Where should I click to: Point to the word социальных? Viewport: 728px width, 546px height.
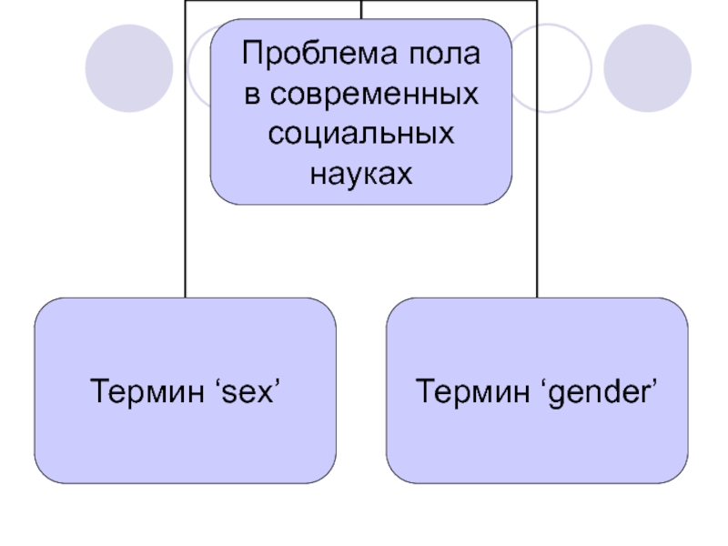pyautogui.click(x=361, y=133)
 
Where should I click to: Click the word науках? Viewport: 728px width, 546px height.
pyautogui.click(x=361, y=172)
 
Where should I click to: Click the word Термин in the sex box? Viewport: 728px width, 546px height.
pyautogui.click(x=138, y=392)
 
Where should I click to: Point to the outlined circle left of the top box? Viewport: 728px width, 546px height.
pyautogui.click(x=199, y=67)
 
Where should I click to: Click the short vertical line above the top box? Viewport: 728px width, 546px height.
pyautogui.click(x=361, y=9)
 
